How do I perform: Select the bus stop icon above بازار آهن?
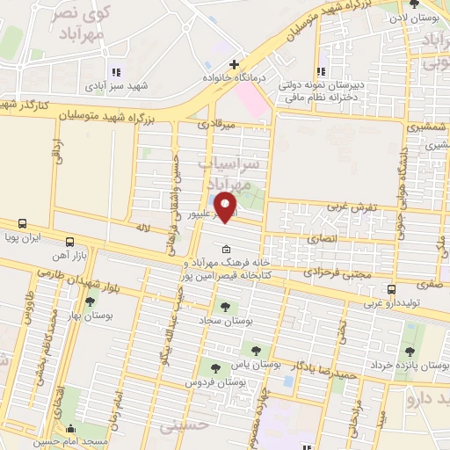click(x=69, y=241)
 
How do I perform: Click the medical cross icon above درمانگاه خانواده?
click(x=234, y=64)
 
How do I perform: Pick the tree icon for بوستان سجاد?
click(x=225, y=307)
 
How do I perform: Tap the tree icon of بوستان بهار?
click(x=89, y=302)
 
